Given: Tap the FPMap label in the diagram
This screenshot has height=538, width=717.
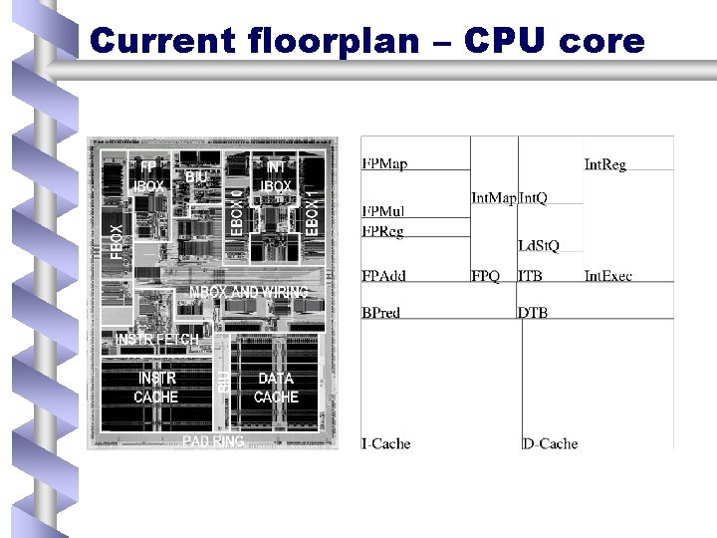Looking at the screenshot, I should (384, 163).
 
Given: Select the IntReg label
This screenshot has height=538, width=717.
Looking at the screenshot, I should (604, 164).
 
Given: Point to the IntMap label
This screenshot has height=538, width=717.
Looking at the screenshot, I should (493, 198).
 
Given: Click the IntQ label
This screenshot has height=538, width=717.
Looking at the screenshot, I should (533, 198).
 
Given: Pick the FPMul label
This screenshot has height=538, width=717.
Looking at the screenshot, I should (383, 211).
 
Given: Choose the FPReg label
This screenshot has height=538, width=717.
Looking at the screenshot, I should (383, 231).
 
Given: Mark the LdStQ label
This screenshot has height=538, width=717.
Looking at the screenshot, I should (539, 245).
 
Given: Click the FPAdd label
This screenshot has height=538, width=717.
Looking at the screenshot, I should (384, 275).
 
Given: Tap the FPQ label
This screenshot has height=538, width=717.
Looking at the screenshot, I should (485, 275).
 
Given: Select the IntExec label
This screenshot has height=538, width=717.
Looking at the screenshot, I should (607, 275).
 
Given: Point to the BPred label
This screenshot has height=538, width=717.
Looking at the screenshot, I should (381, 313).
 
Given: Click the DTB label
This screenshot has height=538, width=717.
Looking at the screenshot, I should (533, 313).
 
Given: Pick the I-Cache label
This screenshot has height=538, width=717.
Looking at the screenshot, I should (386, 443).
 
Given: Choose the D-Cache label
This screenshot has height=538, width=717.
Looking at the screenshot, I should (550, 443).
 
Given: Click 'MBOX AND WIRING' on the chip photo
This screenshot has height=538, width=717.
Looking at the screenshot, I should (249, 292).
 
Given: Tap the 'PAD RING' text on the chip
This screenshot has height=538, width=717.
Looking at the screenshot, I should (213, 441).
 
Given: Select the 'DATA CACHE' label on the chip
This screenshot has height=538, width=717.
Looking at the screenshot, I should (276, 388).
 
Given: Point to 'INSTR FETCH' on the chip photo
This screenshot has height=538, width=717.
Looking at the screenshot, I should (157, 340).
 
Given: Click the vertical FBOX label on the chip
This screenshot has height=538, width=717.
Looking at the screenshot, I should (118, 242).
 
